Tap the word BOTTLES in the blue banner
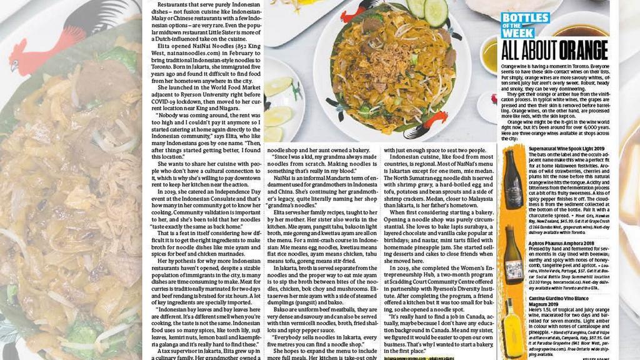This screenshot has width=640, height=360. (525, 17)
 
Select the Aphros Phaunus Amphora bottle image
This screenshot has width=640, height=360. (514, 256)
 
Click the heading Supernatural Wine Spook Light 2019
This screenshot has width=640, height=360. (562, 149)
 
